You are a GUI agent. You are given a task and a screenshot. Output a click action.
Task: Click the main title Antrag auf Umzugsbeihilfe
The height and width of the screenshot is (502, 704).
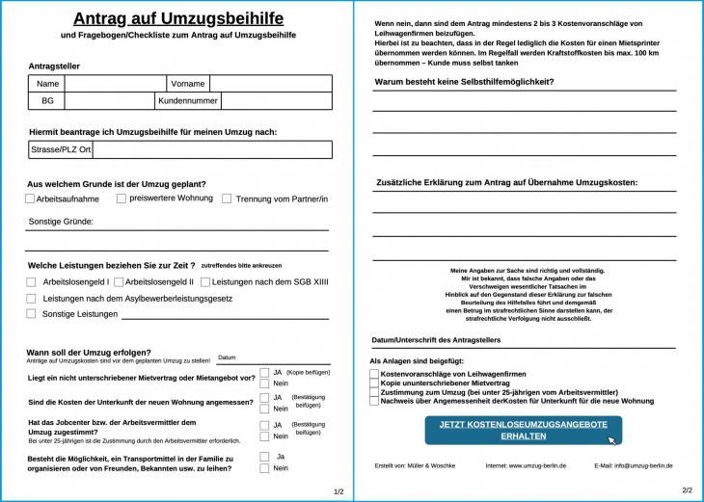(177, 18)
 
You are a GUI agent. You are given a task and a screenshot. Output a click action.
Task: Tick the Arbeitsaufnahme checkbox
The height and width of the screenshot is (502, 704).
(30, 198)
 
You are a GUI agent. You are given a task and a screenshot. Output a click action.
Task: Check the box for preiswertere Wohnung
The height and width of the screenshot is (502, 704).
(122, 198)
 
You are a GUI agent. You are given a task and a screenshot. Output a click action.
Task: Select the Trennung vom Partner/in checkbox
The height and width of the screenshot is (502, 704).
(227, 198)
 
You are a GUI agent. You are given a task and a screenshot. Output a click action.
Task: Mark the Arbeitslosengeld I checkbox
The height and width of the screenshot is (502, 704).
(31, 282)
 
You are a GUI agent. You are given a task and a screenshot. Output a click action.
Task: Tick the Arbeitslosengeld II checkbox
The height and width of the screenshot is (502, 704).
(119, 282)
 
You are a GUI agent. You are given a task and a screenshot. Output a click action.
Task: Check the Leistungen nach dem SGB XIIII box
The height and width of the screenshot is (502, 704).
(204, 282)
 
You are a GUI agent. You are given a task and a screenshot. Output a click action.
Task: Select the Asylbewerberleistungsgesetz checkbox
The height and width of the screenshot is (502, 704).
(31, 299)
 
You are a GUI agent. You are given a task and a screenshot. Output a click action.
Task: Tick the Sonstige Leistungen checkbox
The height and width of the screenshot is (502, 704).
(31, 314)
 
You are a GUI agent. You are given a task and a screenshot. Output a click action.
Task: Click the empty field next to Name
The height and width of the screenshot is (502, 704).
(115, 84)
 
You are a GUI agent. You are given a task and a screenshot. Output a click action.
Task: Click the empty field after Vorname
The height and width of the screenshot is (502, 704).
(270, 84)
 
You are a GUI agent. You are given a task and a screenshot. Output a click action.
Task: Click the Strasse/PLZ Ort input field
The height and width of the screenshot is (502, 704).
(211, 149)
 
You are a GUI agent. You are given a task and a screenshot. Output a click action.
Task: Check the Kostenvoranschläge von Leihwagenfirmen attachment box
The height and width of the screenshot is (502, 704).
(375, 373)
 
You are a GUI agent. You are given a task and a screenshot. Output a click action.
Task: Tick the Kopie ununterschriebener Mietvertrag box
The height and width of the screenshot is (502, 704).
(375, 383)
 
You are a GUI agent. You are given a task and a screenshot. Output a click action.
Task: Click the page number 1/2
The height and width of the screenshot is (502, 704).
(338, 491)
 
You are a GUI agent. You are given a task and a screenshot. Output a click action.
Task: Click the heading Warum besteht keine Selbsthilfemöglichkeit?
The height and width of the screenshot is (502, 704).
(464, 82)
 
